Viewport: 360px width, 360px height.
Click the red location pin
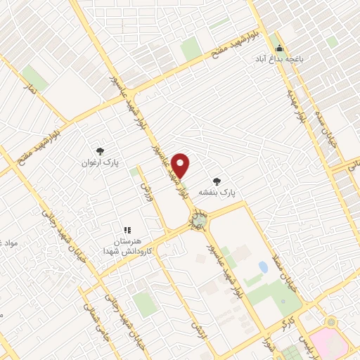[x=181, y=165]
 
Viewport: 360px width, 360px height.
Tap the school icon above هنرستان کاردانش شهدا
[x=127, y=229]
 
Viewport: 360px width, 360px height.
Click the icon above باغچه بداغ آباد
[x=280, y=49]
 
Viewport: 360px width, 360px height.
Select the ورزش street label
[x=147, y=190]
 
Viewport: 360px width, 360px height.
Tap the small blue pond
[x=263, y=267]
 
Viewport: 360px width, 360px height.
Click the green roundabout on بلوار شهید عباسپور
[x=199, y=221]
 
